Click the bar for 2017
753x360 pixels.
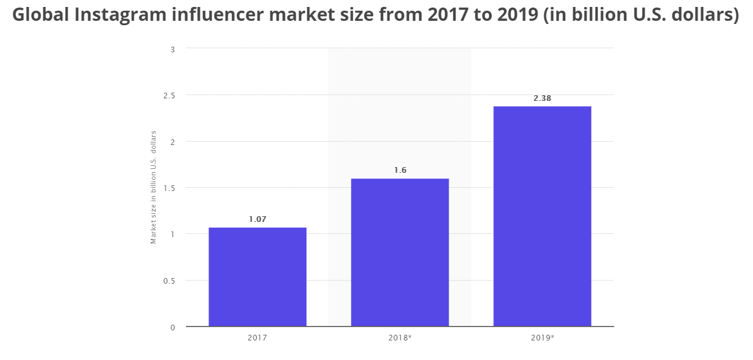257,277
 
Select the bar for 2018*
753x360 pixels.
399,252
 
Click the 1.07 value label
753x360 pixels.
257,219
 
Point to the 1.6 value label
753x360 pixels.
399,170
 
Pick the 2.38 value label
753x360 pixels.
542,98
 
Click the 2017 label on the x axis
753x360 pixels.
257,338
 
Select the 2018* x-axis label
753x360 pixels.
399,338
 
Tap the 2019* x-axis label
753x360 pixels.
543,338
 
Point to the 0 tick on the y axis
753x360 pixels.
172,327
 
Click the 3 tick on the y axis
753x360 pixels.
172,49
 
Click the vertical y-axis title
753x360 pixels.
153,187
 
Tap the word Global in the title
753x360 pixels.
40,15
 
